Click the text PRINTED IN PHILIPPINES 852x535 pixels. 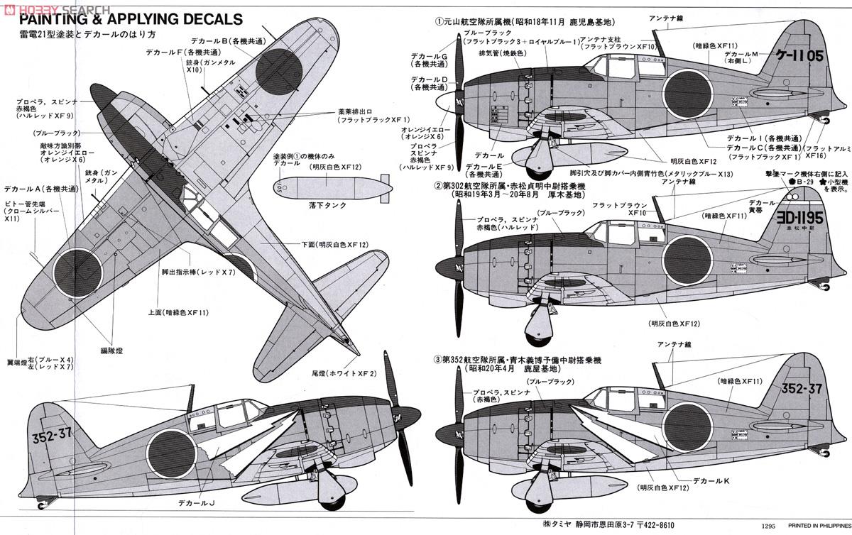coord(812,527)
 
